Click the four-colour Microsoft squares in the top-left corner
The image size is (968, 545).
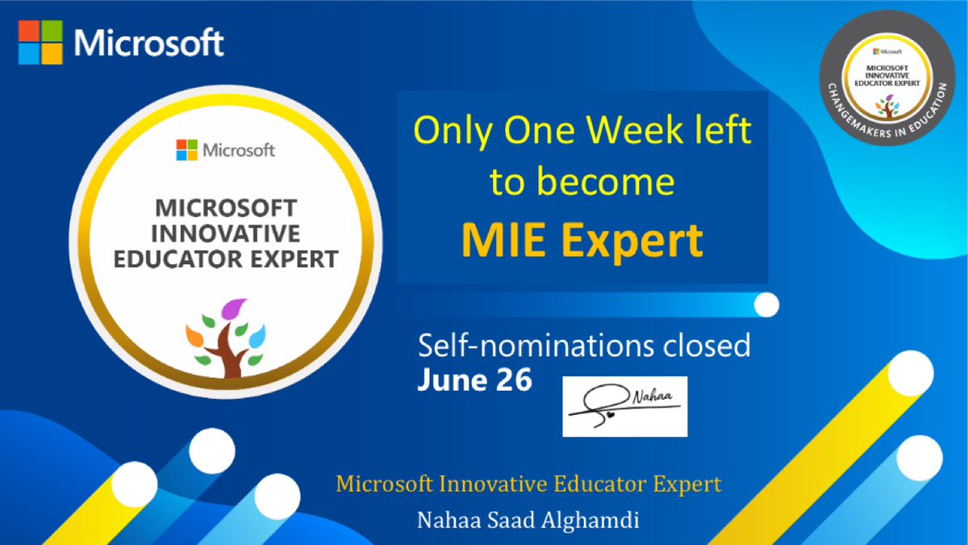click(40, 43)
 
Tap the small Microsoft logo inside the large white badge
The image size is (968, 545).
click(186, 149)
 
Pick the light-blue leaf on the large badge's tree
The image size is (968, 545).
click(257, 333)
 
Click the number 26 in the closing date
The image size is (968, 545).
click(512, 380)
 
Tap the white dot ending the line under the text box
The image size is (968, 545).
click(766, 305)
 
